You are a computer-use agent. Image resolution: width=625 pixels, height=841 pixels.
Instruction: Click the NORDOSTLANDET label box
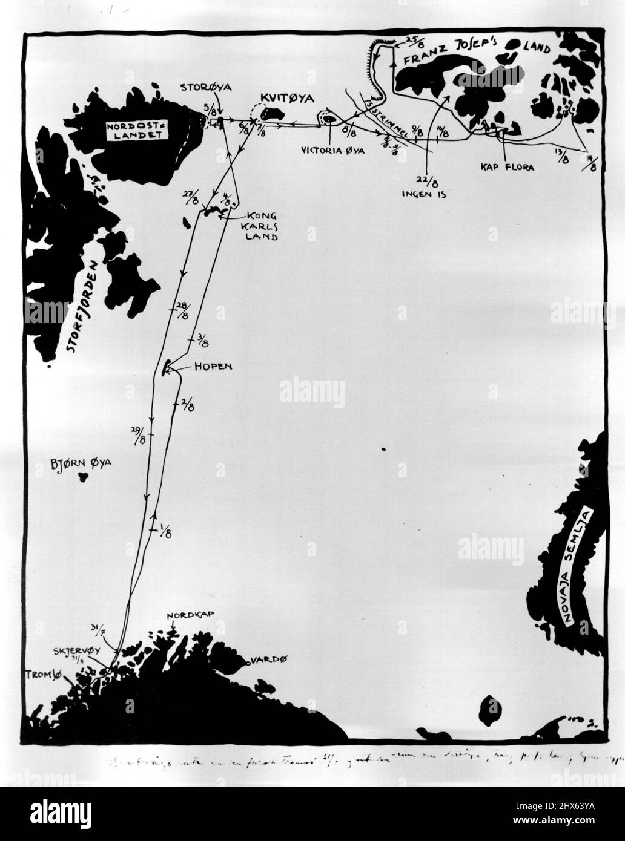pos(137,131)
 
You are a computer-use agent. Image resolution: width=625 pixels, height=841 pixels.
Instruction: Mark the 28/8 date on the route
pos(181,310)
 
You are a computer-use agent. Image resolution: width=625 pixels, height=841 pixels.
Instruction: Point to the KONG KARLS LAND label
pos(262,226)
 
